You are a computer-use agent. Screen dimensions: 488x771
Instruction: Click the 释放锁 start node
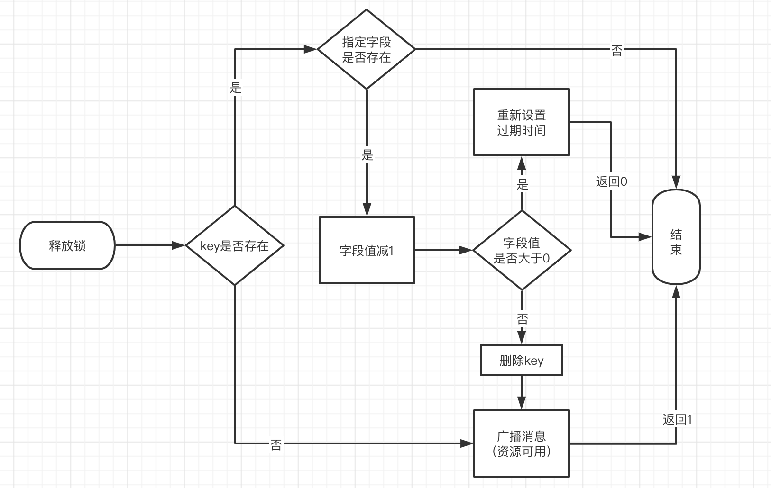[67, 245]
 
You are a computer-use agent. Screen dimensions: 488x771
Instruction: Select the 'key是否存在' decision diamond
[235, 245]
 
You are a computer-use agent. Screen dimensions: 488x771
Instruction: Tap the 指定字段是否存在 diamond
[367, 49]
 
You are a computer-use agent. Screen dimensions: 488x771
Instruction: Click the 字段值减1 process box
[367, 250]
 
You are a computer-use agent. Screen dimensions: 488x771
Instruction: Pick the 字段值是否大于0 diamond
[522, 250]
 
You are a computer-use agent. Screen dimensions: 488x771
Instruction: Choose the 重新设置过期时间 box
[522, 122]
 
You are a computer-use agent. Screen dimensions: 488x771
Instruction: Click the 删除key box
[522, 361]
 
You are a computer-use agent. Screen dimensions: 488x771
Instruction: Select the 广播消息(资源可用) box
[522, 443]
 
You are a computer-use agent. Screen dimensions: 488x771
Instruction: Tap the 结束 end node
[676, 237]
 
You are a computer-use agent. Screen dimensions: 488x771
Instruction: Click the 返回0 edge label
[611, 181]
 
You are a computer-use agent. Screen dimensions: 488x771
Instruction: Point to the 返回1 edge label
[677, 419]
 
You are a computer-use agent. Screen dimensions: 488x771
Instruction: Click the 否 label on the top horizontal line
[616, 51]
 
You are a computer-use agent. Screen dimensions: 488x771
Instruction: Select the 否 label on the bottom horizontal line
[276, 444]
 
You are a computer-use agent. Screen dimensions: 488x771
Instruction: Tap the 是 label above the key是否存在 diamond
[236, 88]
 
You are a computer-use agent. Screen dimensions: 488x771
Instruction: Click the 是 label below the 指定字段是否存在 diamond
[367, 155]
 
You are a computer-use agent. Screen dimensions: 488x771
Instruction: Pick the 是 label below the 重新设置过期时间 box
[522, 184]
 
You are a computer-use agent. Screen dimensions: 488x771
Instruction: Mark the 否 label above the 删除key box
[522, 318]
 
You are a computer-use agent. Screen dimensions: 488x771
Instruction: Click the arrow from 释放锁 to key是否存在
[150, 245]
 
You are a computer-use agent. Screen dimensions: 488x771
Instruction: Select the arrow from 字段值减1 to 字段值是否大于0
[444, 250]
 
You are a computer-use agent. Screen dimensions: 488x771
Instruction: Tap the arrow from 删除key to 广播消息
[522, 392]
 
